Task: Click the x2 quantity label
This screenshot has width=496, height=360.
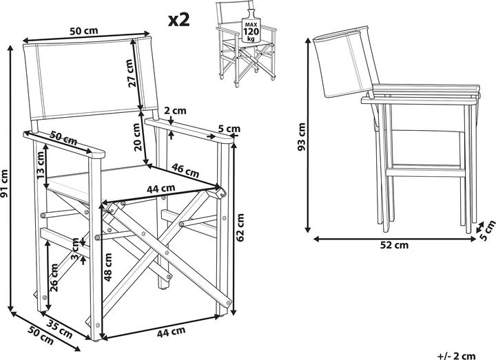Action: click(178, 19)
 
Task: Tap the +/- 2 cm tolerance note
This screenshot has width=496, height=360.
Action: click(455, 352)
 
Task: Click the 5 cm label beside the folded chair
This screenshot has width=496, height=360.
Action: click(487, 231)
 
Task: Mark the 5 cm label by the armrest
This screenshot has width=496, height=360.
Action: click(229, 128)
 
